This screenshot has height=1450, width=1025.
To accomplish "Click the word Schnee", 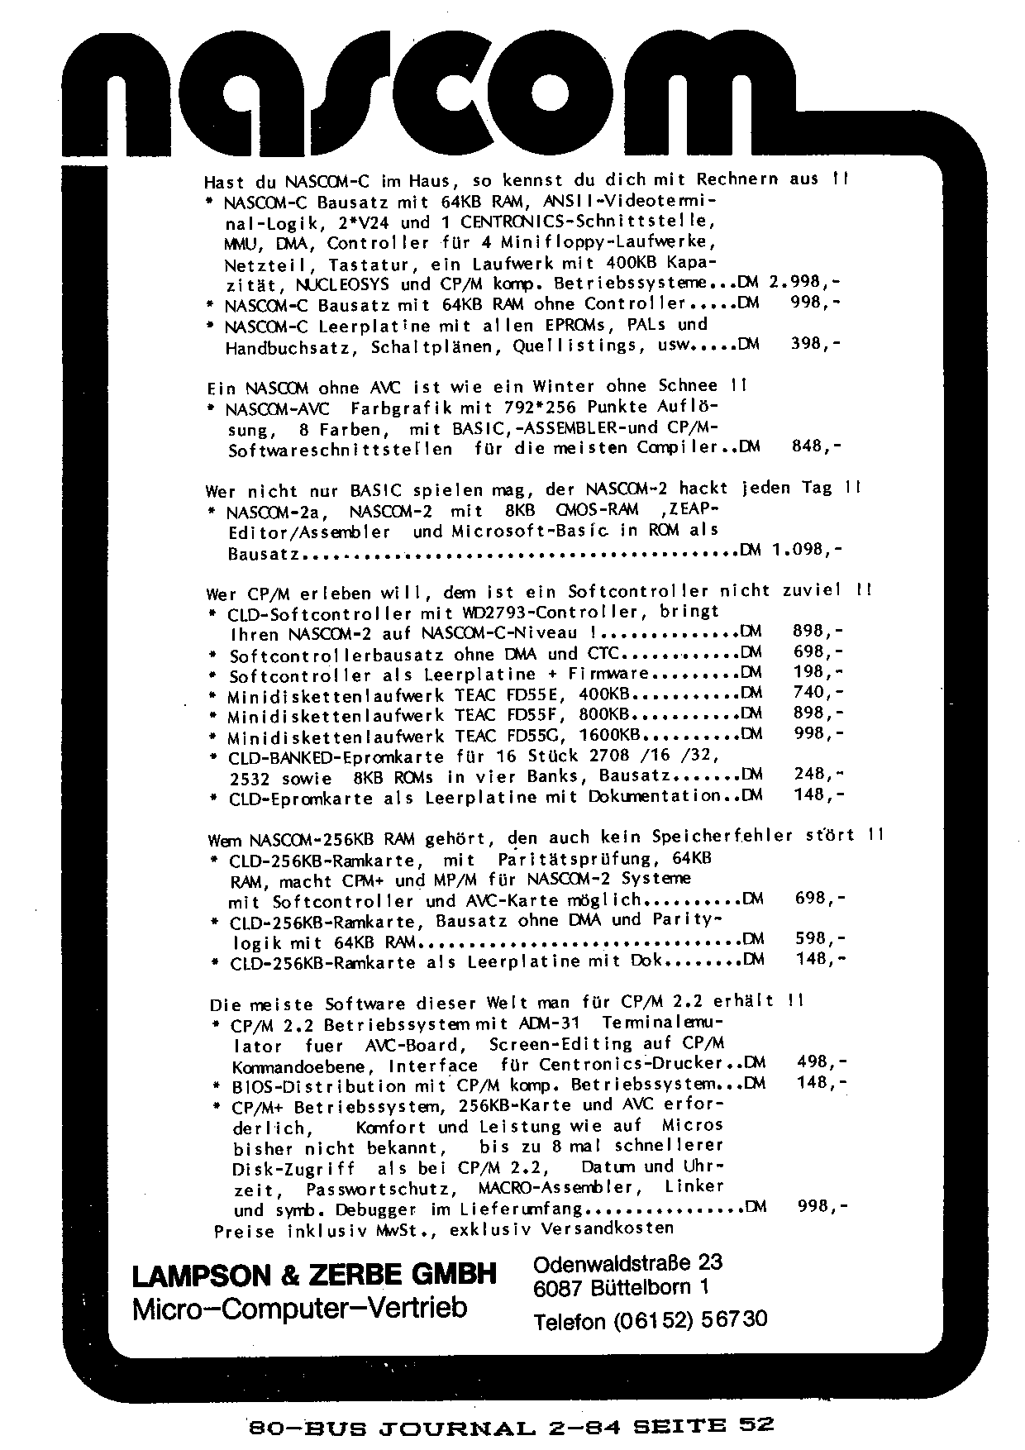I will click(688, 386).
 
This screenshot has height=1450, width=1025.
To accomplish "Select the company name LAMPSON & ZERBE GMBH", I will click(314, 1276).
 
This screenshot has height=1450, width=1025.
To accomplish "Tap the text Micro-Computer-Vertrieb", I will click(299, 1308).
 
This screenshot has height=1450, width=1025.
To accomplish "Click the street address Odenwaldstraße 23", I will click(628, 1263).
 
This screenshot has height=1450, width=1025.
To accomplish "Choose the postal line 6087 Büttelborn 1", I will click(622, 1288).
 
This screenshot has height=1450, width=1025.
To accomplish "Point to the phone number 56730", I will click(734, 1319).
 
